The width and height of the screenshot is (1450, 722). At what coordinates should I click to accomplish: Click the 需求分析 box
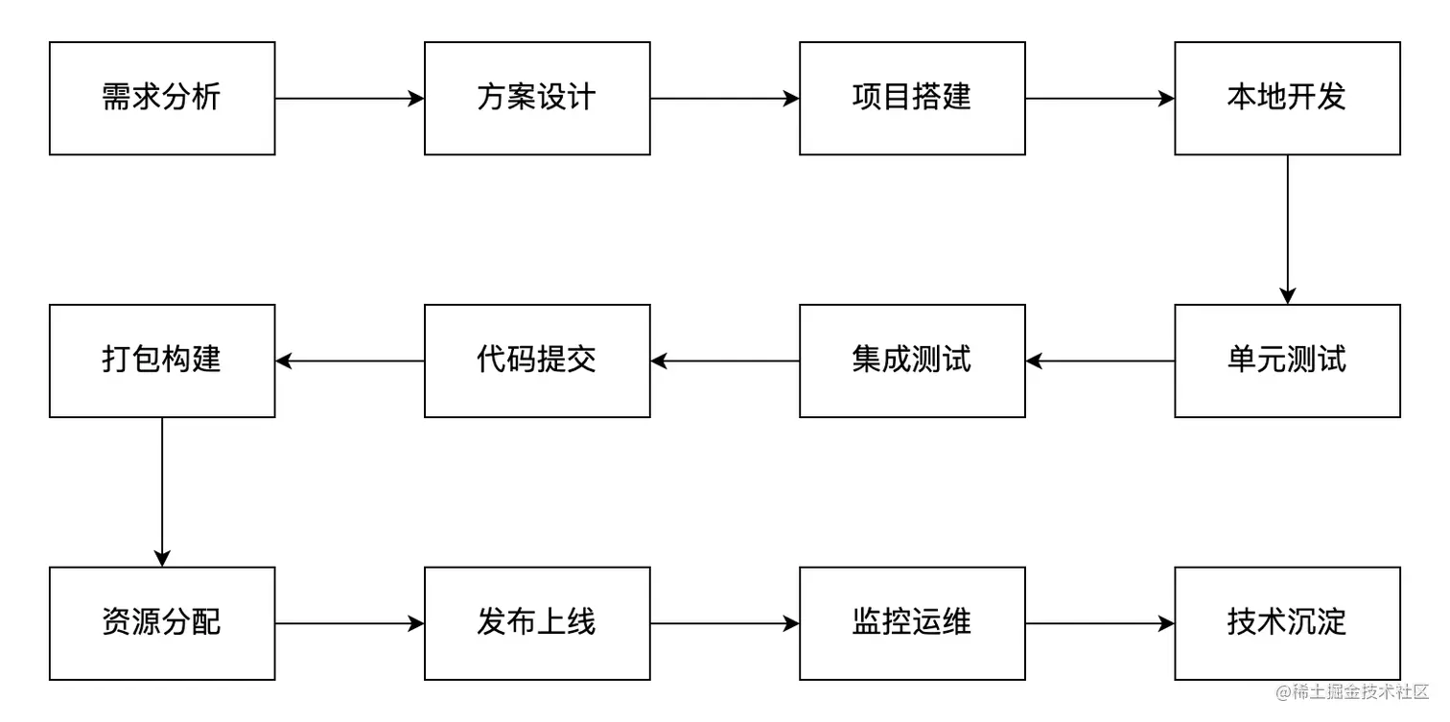pyautogui.click(x=162, y=98)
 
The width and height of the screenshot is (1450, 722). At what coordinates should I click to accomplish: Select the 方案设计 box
pyautogui.click(x=537, y=98)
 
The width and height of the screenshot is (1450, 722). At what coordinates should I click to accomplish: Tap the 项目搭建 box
pyautogui.click(x=912, y=98)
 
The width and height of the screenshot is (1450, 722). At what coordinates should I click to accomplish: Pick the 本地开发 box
pyautogui.click(x=1287, y=98)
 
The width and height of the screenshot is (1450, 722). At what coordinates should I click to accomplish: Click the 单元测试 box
pyautogui.click(x=1287, y=361)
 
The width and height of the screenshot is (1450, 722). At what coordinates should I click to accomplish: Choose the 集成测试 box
pyautogui.click(x=912, y=361)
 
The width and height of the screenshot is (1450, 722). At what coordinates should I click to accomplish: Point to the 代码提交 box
pyautogui.click(x=537, y=361)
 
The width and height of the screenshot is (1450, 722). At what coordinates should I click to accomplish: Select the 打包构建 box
pyautogui.click(x=162, y=361)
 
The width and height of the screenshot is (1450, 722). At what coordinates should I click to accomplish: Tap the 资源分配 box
pyautogui.click(x=162, y=623)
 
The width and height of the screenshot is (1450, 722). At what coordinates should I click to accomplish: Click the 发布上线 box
pyautogui.click(x=537, y=623)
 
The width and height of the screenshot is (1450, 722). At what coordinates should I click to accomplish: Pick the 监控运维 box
pyautogui.click(x=912, y=623)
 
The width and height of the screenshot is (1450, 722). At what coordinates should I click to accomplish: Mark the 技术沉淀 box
pyautogui.click(x=1287, y=623)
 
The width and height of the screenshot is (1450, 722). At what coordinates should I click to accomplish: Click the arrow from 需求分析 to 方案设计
pyautogui.click(x=349, y=98)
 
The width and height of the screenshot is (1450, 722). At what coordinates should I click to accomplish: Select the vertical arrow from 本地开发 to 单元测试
pyautogui.click(x=1287, y=229)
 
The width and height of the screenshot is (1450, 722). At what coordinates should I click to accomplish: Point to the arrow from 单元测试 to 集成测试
pyautogui.click(x=1100, y=361)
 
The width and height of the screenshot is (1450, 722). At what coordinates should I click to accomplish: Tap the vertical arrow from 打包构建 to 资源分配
pyautogui.click(x=162, y=492)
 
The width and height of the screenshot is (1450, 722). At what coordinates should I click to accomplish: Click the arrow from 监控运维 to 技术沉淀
pyautogui.click(x=1100, y=623)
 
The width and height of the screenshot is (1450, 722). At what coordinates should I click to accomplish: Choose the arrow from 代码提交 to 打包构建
pyautogui.click(x=349, y=361)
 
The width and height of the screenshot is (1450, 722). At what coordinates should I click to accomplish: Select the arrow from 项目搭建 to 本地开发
pyautogui.click(x=1100, y=98)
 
